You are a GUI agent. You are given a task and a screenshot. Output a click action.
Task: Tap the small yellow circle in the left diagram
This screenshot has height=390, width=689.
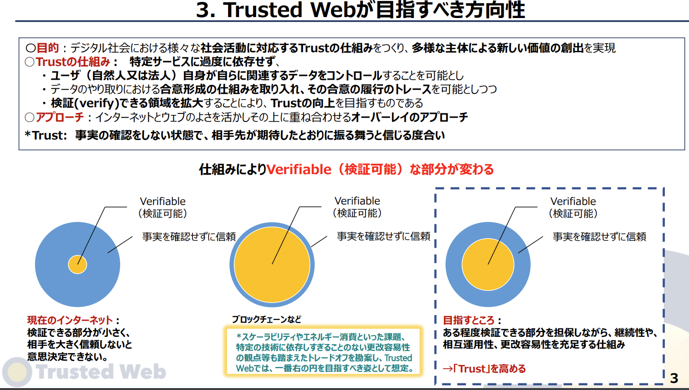point(77,264)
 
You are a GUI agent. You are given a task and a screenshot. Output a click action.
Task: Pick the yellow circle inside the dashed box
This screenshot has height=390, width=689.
point(488,264)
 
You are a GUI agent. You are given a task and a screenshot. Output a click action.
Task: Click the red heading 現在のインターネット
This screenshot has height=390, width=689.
point(70,320)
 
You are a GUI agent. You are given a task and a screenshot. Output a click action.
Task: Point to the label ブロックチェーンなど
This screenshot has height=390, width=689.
point(267,320)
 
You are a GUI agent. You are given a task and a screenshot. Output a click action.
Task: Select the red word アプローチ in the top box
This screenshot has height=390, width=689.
point(60,117)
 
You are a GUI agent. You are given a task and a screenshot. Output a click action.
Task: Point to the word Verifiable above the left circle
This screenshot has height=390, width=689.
point(163,201)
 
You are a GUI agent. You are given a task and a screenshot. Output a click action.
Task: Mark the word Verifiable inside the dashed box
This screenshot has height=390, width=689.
point(573,201)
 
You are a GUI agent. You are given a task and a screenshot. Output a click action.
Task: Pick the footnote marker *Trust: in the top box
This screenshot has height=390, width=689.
point(46,135)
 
